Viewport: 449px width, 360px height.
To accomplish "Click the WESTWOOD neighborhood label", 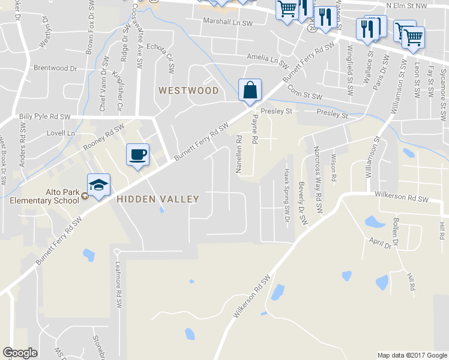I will tap(188, 91).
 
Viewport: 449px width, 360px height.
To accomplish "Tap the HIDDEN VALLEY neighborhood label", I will tap(158, 199).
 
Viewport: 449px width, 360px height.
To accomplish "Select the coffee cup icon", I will tap(137, 155).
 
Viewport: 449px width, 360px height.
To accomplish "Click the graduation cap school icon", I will tap(98, 183).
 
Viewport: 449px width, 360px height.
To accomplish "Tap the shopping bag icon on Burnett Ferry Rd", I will tap(250, 91).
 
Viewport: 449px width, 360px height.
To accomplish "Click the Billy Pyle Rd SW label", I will tap(44, 116).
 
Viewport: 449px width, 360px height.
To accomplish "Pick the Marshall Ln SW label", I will tap(228, 22).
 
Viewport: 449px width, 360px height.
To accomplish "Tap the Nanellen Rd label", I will tap(238, 155).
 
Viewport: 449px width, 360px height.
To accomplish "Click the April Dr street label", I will tap(380, 243).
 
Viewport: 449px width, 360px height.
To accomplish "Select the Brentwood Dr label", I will tap(55, 68).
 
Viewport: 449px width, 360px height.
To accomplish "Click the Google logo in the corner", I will tap(20, 353).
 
